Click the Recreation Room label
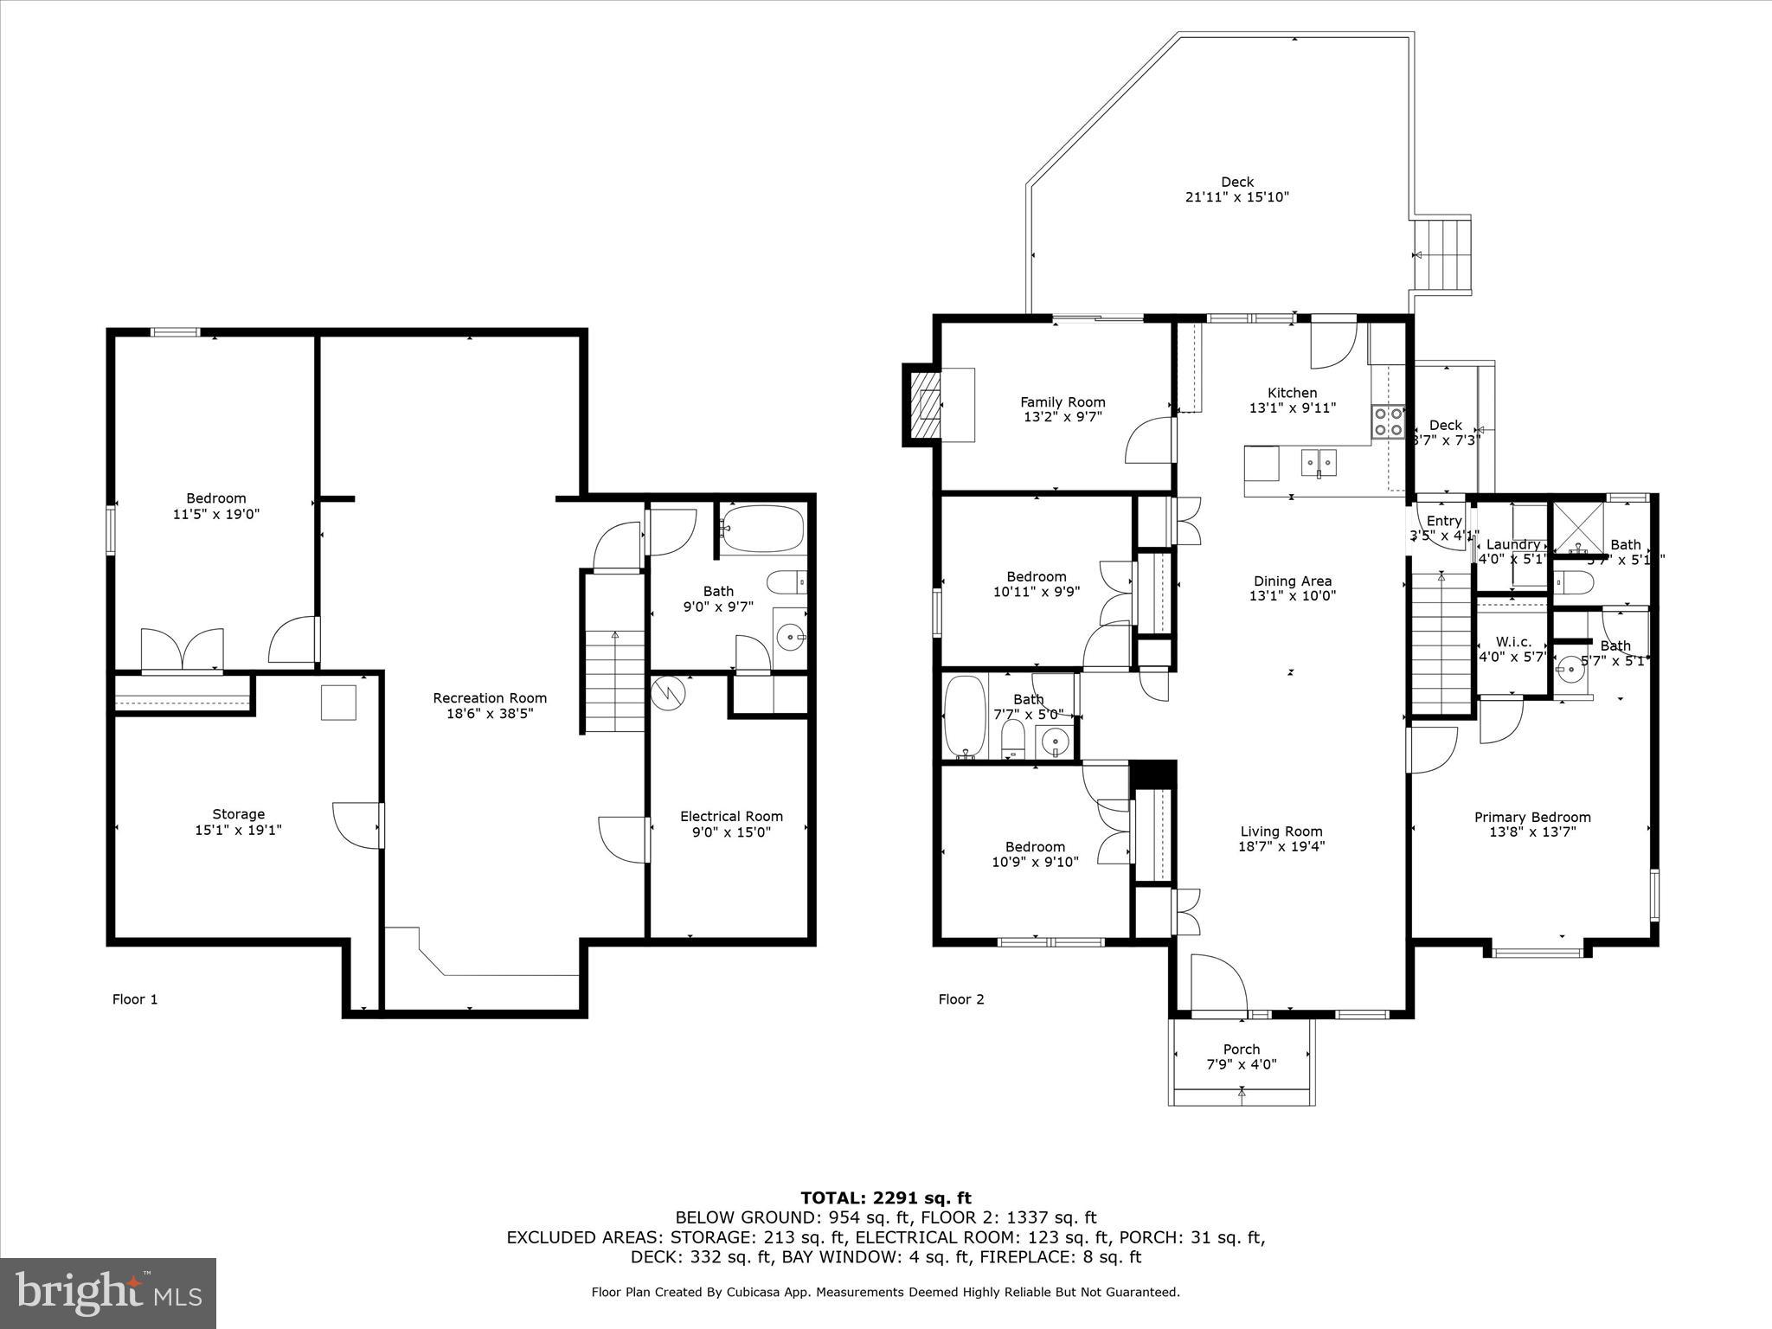(x=490, y=698)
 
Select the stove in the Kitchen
(x=1387, y=422)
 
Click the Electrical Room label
(x=731, y=816)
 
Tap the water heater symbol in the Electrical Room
(x=668, y=690)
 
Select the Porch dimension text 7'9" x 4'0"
(x=1241, y=1064)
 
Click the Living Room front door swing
(x=1217, y=982)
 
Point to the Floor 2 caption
(x=960, y=999)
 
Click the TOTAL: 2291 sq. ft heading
(x=885, y=1198)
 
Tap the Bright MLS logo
(x=108, y=1294)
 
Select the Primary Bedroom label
(x=1532, y=817)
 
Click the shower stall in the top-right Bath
(x=1578, y=528)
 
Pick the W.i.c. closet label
(x=1513, y=642)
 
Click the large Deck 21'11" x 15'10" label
(x=1236, y=189)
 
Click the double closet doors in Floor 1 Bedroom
(x=182, y=651)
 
